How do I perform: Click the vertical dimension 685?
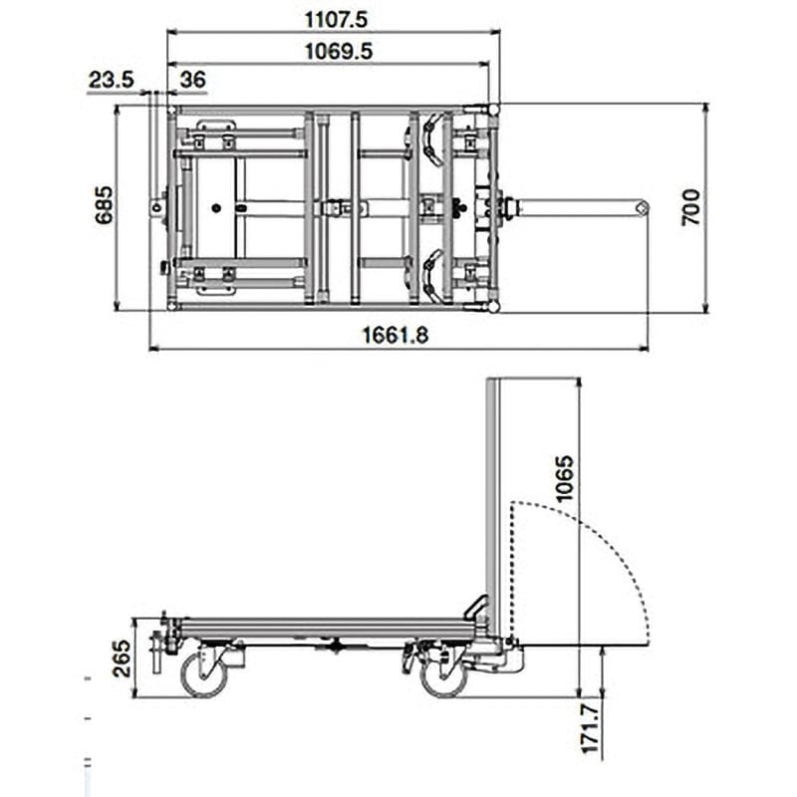[103, 205]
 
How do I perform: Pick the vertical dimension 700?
[690, 207]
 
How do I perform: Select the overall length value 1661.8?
[395, 336]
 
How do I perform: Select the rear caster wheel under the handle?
[443, 675]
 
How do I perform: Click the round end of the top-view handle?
[642, 207]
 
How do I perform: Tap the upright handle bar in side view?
[491, 498]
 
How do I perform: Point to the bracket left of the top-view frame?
[157, 207]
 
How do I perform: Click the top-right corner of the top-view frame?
[494, 108]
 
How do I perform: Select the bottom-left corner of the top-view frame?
[173, 306]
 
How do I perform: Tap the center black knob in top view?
[459, 207]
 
